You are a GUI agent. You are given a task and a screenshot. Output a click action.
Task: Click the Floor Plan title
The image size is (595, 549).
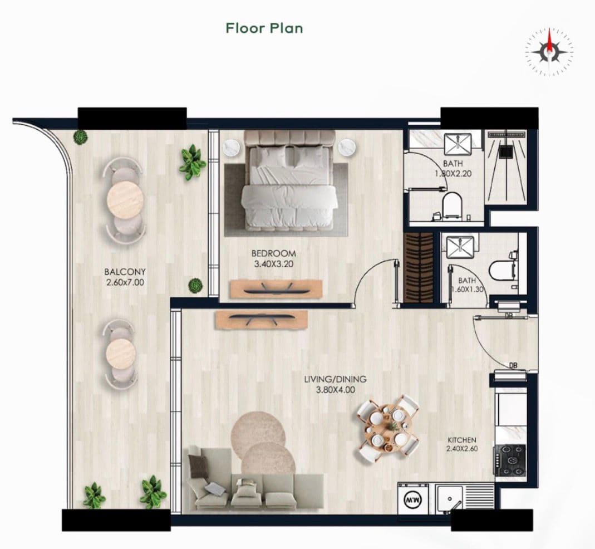tap(264, 28)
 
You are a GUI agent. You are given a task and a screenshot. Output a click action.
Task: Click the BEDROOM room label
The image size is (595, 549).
tap(274, 253)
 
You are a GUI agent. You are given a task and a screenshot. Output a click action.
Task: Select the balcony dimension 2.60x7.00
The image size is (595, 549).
tap(125, 282)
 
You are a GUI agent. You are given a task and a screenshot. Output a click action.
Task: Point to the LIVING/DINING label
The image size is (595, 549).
tap(336, 379)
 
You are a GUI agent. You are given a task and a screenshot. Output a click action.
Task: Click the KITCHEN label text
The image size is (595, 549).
tap(462, 440)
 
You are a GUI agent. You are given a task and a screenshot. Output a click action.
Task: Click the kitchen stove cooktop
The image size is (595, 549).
tap(510, 460)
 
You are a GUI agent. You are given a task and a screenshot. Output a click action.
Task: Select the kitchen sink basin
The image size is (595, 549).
tap(449, 499)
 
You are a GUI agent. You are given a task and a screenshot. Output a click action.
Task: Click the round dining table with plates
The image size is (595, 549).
tap(389, 427)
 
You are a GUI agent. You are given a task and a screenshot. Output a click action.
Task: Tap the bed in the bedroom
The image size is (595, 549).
tap(289, 181)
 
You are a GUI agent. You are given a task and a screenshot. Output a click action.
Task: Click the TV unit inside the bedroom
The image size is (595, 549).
tap(276, 289)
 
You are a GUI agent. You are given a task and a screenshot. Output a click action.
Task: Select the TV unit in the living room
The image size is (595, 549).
tap(261, 320)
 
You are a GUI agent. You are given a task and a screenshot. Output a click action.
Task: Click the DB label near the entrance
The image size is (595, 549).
tap(513, 365)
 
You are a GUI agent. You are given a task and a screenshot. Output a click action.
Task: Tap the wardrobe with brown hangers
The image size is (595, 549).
tap(419, 267)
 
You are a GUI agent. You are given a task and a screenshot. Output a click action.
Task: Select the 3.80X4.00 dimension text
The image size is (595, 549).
tap(336, 390)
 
